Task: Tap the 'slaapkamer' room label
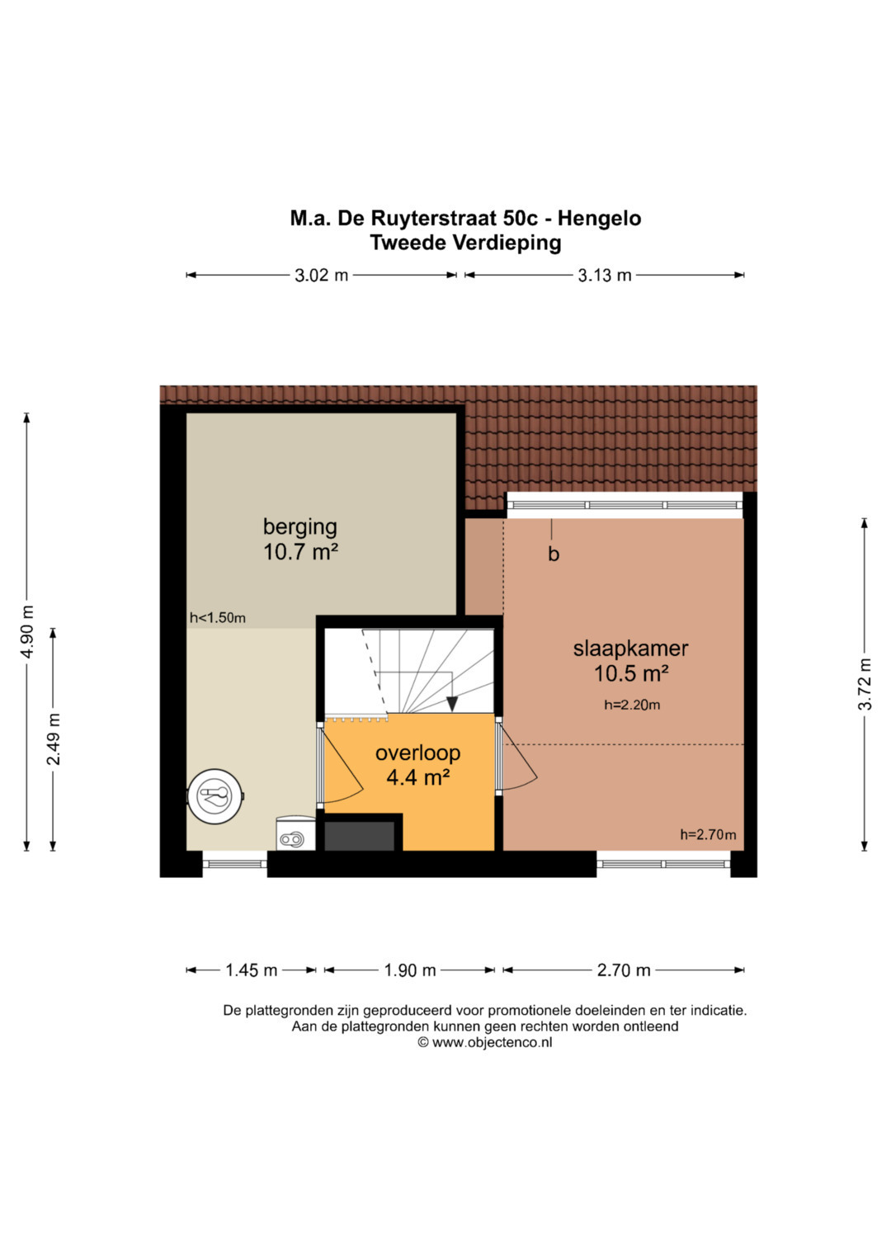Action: (x=630, y=649)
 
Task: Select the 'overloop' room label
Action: (x=417, y=753)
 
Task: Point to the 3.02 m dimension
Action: (x=321, y=275)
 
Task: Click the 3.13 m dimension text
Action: (x=604, y=275)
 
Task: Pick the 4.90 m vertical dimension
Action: (x=27, y=632)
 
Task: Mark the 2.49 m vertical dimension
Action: (x=54, y=739)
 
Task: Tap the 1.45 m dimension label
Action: (x=251, y=970)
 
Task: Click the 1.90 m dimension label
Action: (x=409, y=970)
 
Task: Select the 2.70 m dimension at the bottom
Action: (x=623, y=970)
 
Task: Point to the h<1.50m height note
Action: (x=218, y=618)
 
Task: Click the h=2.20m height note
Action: (x=632, y=705)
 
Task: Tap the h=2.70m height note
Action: (x=708, y=834)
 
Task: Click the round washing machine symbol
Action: (x=215, y=796)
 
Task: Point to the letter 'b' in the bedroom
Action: (x=554, y=554)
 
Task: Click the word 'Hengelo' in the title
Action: (x=599, y=218)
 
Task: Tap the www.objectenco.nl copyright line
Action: (x=484, y=1042)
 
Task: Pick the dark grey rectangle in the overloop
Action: (x=359, y=836)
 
